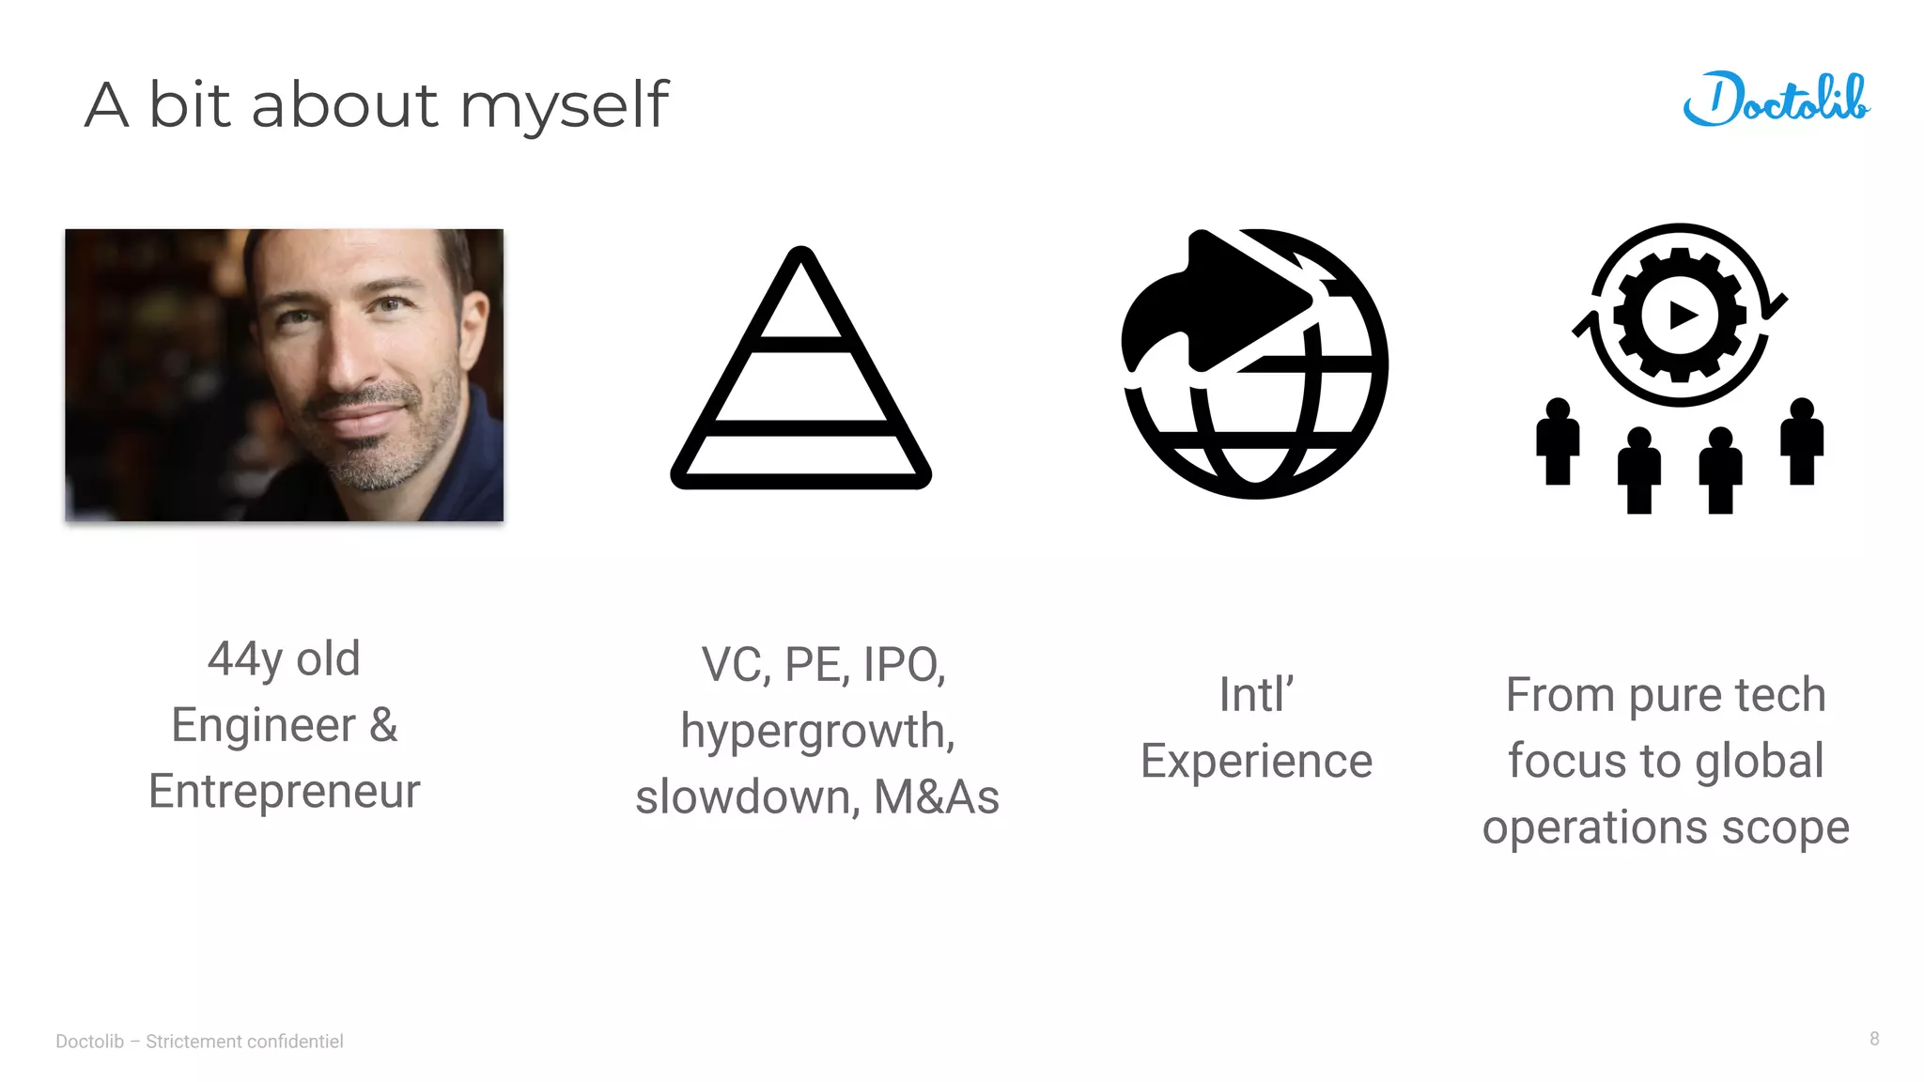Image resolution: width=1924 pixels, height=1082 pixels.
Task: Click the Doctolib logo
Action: click(x=1776, y=100)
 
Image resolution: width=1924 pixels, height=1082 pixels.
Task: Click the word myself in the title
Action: click(x=564, y=105)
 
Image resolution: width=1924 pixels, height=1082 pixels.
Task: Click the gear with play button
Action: click(x=1680, y=316)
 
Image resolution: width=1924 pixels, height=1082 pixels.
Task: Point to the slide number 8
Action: click(x=1874, y=1039)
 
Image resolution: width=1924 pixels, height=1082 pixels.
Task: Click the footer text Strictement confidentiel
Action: click(x=244, y=1041)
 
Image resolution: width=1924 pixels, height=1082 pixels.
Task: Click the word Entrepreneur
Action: click(x=284, y=791)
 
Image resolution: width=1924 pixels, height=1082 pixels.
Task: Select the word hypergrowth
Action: click(x=817, y=731)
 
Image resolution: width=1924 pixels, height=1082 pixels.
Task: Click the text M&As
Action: click(x=936, y=797)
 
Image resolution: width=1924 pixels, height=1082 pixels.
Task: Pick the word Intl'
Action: click(x=1256, y=695)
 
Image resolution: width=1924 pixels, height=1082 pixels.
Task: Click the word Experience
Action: click(x=1256, y=761)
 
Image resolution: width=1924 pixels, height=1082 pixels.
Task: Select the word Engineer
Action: click(x=263, y=725)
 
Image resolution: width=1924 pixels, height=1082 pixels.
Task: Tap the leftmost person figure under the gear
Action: click(x=1557, y=441)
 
